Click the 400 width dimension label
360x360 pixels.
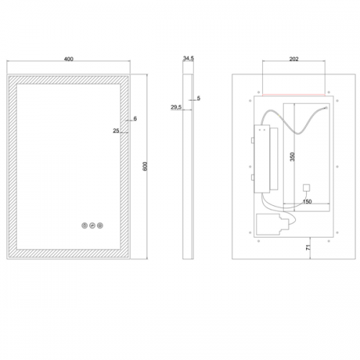click(x=68, y=59)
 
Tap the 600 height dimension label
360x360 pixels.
click(x=145, y=166)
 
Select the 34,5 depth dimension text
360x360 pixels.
click(x=189, y=58)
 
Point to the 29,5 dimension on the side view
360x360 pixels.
click(x=176, y=107)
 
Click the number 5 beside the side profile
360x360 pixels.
click(x=199, y=98)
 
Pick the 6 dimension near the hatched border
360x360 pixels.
click(x=135, y=119)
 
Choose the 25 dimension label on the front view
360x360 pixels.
click(x=116, y=131)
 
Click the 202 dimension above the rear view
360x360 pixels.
click(x=294, y=59)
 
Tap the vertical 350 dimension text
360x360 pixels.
click(x=292, y=157)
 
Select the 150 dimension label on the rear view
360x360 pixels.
click(x=307, y=202)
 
